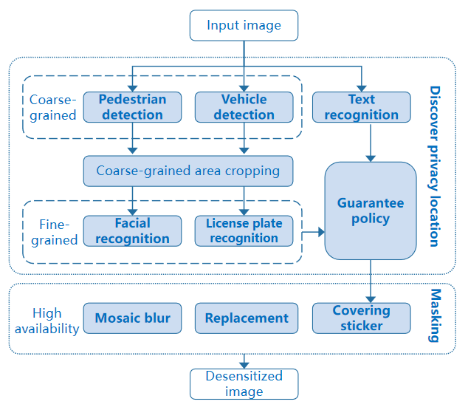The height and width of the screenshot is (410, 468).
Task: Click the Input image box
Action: (244, 25)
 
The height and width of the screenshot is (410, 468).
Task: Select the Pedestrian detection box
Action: (132, 107)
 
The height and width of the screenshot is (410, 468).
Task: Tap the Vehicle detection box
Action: (244, 107)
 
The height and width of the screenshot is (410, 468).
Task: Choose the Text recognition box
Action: (361, 107)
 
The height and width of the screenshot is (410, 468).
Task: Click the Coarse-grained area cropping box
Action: (188, 171)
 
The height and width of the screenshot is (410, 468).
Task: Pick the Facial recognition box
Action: (132, 230)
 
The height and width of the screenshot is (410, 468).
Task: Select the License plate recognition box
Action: (244, 230)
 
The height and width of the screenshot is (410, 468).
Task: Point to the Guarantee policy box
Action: (370, 211)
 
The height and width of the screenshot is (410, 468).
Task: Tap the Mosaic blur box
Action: (132, 318)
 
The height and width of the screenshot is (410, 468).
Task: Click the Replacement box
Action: (247, 318)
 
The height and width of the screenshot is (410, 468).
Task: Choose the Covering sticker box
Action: (361, 318)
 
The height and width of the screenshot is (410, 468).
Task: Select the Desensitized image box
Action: (244, 383)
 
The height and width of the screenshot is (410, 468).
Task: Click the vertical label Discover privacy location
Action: (434, 166)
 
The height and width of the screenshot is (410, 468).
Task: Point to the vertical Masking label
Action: (434, 317)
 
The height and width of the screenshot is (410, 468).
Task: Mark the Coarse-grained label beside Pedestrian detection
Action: (52, 107)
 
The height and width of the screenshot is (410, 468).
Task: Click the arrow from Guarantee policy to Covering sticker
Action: (371, 281)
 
